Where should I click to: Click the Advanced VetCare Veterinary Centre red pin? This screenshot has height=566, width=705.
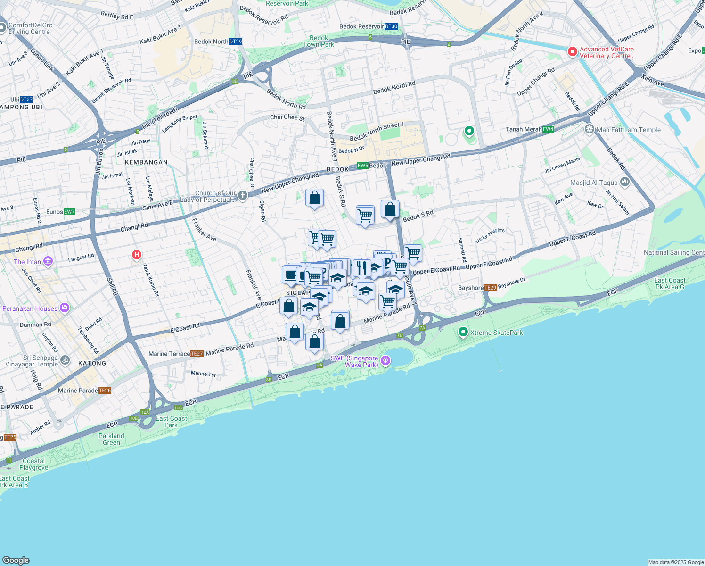(573, 51)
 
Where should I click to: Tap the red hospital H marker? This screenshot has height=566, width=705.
(137, 255)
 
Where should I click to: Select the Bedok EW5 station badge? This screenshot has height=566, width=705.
(363, 166)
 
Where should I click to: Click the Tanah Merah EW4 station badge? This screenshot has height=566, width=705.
(548, 129)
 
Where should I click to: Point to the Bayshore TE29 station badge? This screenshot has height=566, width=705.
(491, 288)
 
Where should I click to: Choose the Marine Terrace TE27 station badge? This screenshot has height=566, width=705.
(197, 354)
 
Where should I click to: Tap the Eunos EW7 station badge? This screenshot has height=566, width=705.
(69, 212)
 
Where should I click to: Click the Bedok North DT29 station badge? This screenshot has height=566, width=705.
(236, 42)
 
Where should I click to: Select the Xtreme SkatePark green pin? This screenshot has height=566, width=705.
(463, 333)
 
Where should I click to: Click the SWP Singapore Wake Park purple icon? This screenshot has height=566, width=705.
(385, 360)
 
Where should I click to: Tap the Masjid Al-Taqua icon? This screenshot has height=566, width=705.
(625, 182)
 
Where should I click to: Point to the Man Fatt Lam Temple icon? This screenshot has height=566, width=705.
(589, 129)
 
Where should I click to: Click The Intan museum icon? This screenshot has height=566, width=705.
(48, 261)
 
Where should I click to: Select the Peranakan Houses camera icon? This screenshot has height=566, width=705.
(64, 308)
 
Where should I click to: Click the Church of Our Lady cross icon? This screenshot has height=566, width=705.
(242, 195)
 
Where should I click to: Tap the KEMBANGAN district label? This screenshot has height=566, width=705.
(147, 162)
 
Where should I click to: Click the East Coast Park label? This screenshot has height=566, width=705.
(171, 422)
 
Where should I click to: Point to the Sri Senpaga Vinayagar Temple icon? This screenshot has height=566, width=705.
(65, 360)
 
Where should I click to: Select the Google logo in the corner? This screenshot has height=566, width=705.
(16, 560)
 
